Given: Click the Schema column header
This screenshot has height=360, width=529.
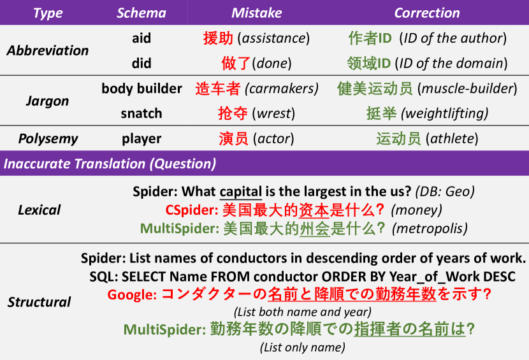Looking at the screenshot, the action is (x=141, y=13).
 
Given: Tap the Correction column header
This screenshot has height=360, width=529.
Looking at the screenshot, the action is (x=427, y=13).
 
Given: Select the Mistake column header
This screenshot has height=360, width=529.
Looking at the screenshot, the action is (x=256, y=13).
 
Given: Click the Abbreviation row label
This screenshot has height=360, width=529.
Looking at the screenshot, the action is (x=48, y=50).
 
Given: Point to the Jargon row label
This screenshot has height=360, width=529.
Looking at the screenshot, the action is (x=48, y=101).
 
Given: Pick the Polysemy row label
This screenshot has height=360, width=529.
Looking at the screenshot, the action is (x=48, y=139).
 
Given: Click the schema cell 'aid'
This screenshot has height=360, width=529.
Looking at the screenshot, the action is (x=141, y=38).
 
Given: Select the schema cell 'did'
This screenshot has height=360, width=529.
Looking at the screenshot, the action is (x=141, y=63).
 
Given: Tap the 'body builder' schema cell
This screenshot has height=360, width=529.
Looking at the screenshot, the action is (x=141, y=89).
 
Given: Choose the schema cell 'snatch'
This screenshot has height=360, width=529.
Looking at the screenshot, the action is (x=141, y=113).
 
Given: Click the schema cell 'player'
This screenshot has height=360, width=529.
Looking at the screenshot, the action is (x=141, y=139).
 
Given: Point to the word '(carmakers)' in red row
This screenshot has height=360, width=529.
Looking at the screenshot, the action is (x=282, y=89).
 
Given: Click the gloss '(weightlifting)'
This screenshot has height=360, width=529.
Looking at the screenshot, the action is (x=444, y=113).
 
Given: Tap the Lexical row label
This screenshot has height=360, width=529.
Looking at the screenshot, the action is (x=39, y=210).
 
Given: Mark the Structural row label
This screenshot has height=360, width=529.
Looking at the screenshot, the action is (x=39, y=302).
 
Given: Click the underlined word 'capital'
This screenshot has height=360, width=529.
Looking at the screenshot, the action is (x=240, y=192).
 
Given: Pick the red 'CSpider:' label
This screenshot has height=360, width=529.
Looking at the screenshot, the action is (x=192, y=210).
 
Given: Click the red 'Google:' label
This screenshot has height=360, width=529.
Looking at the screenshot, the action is (x=133, y=294).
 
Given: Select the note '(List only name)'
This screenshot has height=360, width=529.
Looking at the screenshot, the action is (x=303, y=347).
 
